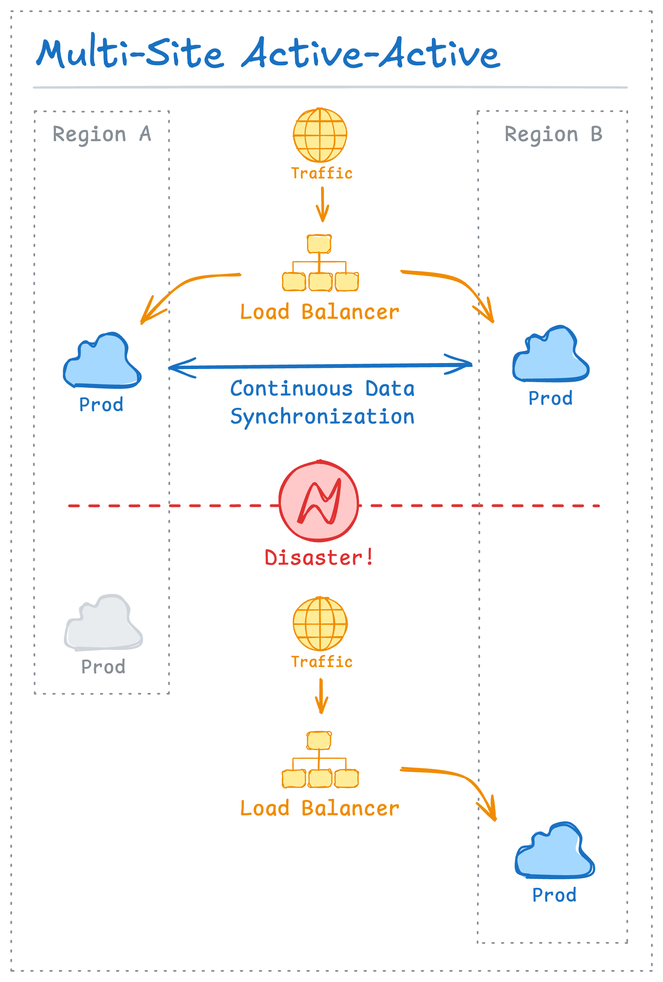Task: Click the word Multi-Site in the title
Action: pos(129,54)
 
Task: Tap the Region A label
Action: pos(102,134)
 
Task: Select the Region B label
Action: pos(553,134)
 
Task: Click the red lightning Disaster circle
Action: pos(319,501)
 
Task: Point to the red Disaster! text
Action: pos(319,558)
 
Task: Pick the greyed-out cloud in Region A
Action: pos(103,625)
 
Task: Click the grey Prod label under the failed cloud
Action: pos(103,667)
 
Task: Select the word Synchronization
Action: pos(322,416)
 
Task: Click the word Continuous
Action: pos(292,389)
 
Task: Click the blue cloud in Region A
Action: pos(102,363)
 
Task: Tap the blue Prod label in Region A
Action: pos(102,405)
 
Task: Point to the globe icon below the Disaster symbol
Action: pos(320,624)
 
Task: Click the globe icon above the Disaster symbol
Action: pos(320,135)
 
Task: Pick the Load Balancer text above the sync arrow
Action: pos(319,312)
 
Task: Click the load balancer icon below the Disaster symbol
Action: pos(320,760)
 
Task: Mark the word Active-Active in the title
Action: pos(371,54)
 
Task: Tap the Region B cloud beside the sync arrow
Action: pos(550,356)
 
